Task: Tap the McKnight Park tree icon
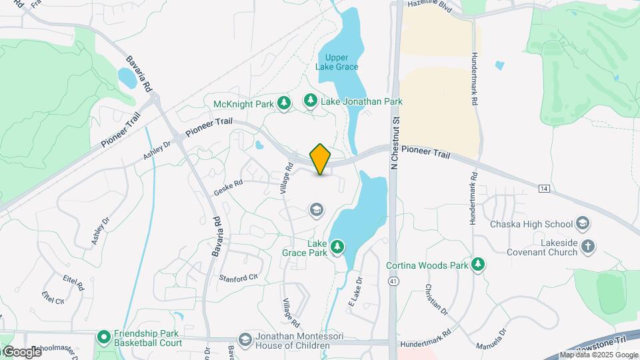(x=285, y=103)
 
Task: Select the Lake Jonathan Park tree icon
(x=310, y=100)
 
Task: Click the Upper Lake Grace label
(x=337, y=62)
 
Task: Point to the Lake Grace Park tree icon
(x=337, y=247)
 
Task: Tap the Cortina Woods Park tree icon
(x=477, y=265)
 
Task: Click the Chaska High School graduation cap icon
(x=583, y=223)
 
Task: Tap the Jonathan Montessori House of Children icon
(x=245, y=341)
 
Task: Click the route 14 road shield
(x=545, y=189)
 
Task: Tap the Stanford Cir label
(x=238, y=277)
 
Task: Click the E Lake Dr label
(x=355, y=292)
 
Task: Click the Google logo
(x=21, y=352)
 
